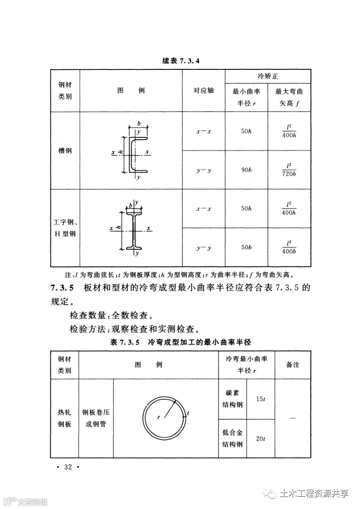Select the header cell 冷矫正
268,75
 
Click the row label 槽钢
65,150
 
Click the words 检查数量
86,315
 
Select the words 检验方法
86,328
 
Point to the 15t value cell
260,399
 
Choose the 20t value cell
260,438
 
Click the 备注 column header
292,364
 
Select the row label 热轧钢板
65,419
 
